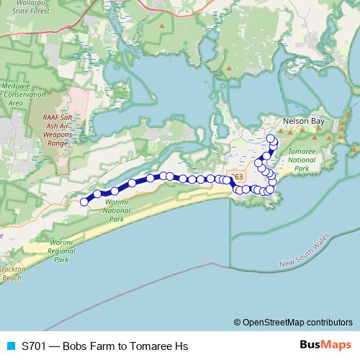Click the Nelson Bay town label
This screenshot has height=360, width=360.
point(305,122)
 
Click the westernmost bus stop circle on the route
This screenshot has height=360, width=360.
point(84,202)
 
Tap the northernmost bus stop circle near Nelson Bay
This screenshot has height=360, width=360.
point(271,138)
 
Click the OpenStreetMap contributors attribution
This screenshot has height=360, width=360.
point(292,323)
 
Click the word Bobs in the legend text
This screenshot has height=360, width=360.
point(76,346)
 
